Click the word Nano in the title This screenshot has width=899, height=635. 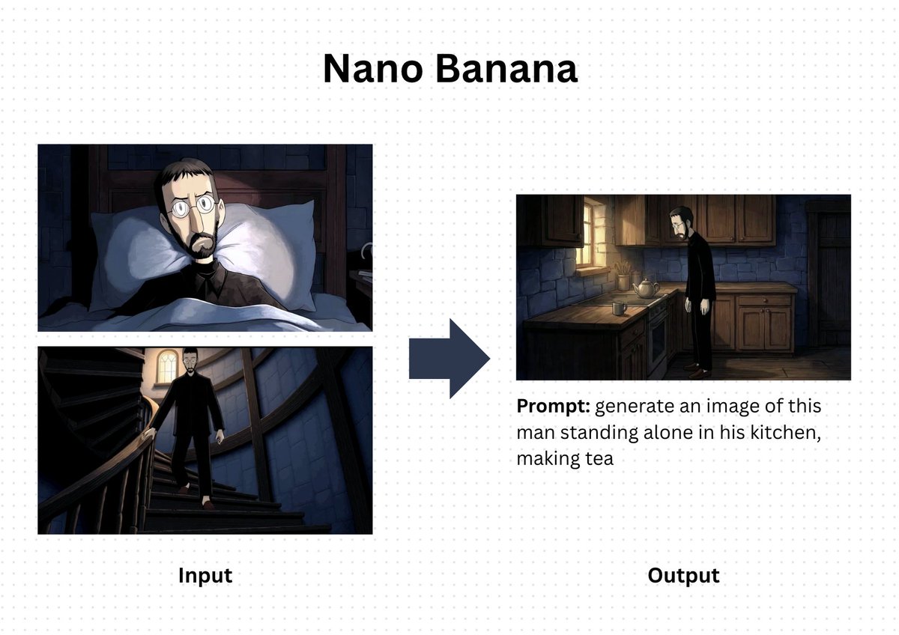coord(374,69)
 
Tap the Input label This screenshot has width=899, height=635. coord(205,575)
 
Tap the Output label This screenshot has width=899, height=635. coord(683,575)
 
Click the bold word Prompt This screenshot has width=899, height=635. coord(552,407)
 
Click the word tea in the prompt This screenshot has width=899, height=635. coord(598,458)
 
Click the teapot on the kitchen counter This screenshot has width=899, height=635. coord(645,288)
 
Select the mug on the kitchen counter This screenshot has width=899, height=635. coord(619,307)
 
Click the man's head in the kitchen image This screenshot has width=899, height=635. coord(682,219)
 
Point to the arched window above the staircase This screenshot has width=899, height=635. coord(166,367)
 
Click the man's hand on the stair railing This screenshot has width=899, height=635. coord(151,432)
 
